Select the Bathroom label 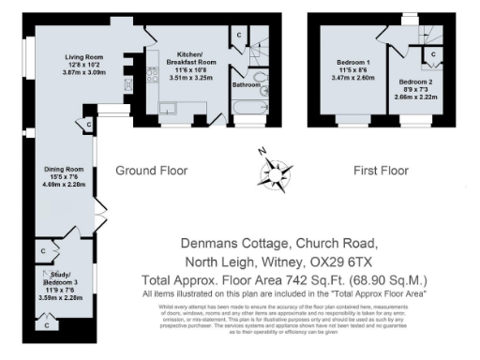pos(246,85)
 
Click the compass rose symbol pos(271,169)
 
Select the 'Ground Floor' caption pos(152,171)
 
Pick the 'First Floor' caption pos(381,171)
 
